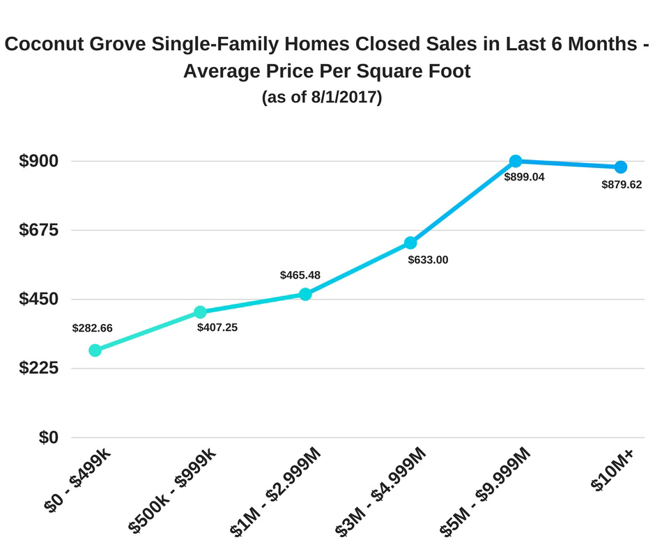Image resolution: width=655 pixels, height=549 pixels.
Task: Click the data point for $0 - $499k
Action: tap(95, 350)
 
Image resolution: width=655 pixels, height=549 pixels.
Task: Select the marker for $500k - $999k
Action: tap(200, 312)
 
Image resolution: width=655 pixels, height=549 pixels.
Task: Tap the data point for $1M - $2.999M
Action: tap(305, 294)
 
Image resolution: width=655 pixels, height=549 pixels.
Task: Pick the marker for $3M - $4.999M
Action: tap(410, 242)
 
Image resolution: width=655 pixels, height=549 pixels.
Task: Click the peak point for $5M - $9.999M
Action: tap(516, 161)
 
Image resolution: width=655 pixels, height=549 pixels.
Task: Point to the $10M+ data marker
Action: tap(620, 167)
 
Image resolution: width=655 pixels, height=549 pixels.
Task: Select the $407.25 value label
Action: tap(217, 327)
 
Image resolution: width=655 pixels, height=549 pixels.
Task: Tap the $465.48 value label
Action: tap(300, 275)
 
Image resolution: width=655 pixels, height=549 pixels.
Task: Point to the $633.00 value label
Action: tap(428, 260)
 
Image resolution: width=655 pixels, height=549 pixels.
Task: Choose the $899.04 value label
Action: tap(525, 177)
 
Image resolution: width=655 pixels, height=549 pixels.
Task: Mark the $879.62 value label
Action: tap(622, 185)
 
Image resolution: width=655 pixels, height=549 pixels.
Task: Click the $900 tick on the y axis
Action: tap(38, 161)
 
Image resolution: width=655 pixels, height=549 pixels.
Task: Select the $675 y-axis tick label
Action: tap(38, 230)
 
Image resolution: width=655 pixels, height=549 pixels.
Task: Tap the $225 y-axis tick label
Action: tap(38, 368)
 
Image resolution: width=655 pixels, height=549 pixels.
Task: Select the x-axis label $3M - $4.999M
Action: tap(381, 490)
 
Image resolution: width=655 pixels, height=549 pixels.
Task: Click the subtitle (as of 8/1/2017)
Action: tap(322, 98)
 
